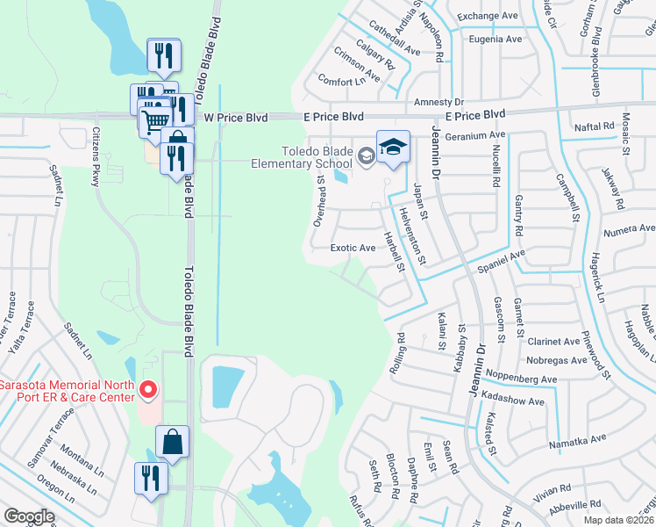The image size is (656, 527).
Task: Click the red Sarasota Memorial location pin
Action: click(x=148, y=389)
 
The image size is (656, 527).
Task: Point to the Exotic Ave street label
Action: click(x=353, y=248)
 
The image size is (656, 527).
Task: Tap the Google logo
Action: click(x=29, y=516)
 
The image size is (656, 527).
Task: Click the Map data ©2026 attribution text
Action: click(x=619, y=520)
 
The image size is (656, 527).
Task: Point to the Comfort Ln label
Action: click(x=341, y=82)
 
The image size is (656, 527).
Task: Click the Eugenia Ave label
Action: click(x=496, y=40)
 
